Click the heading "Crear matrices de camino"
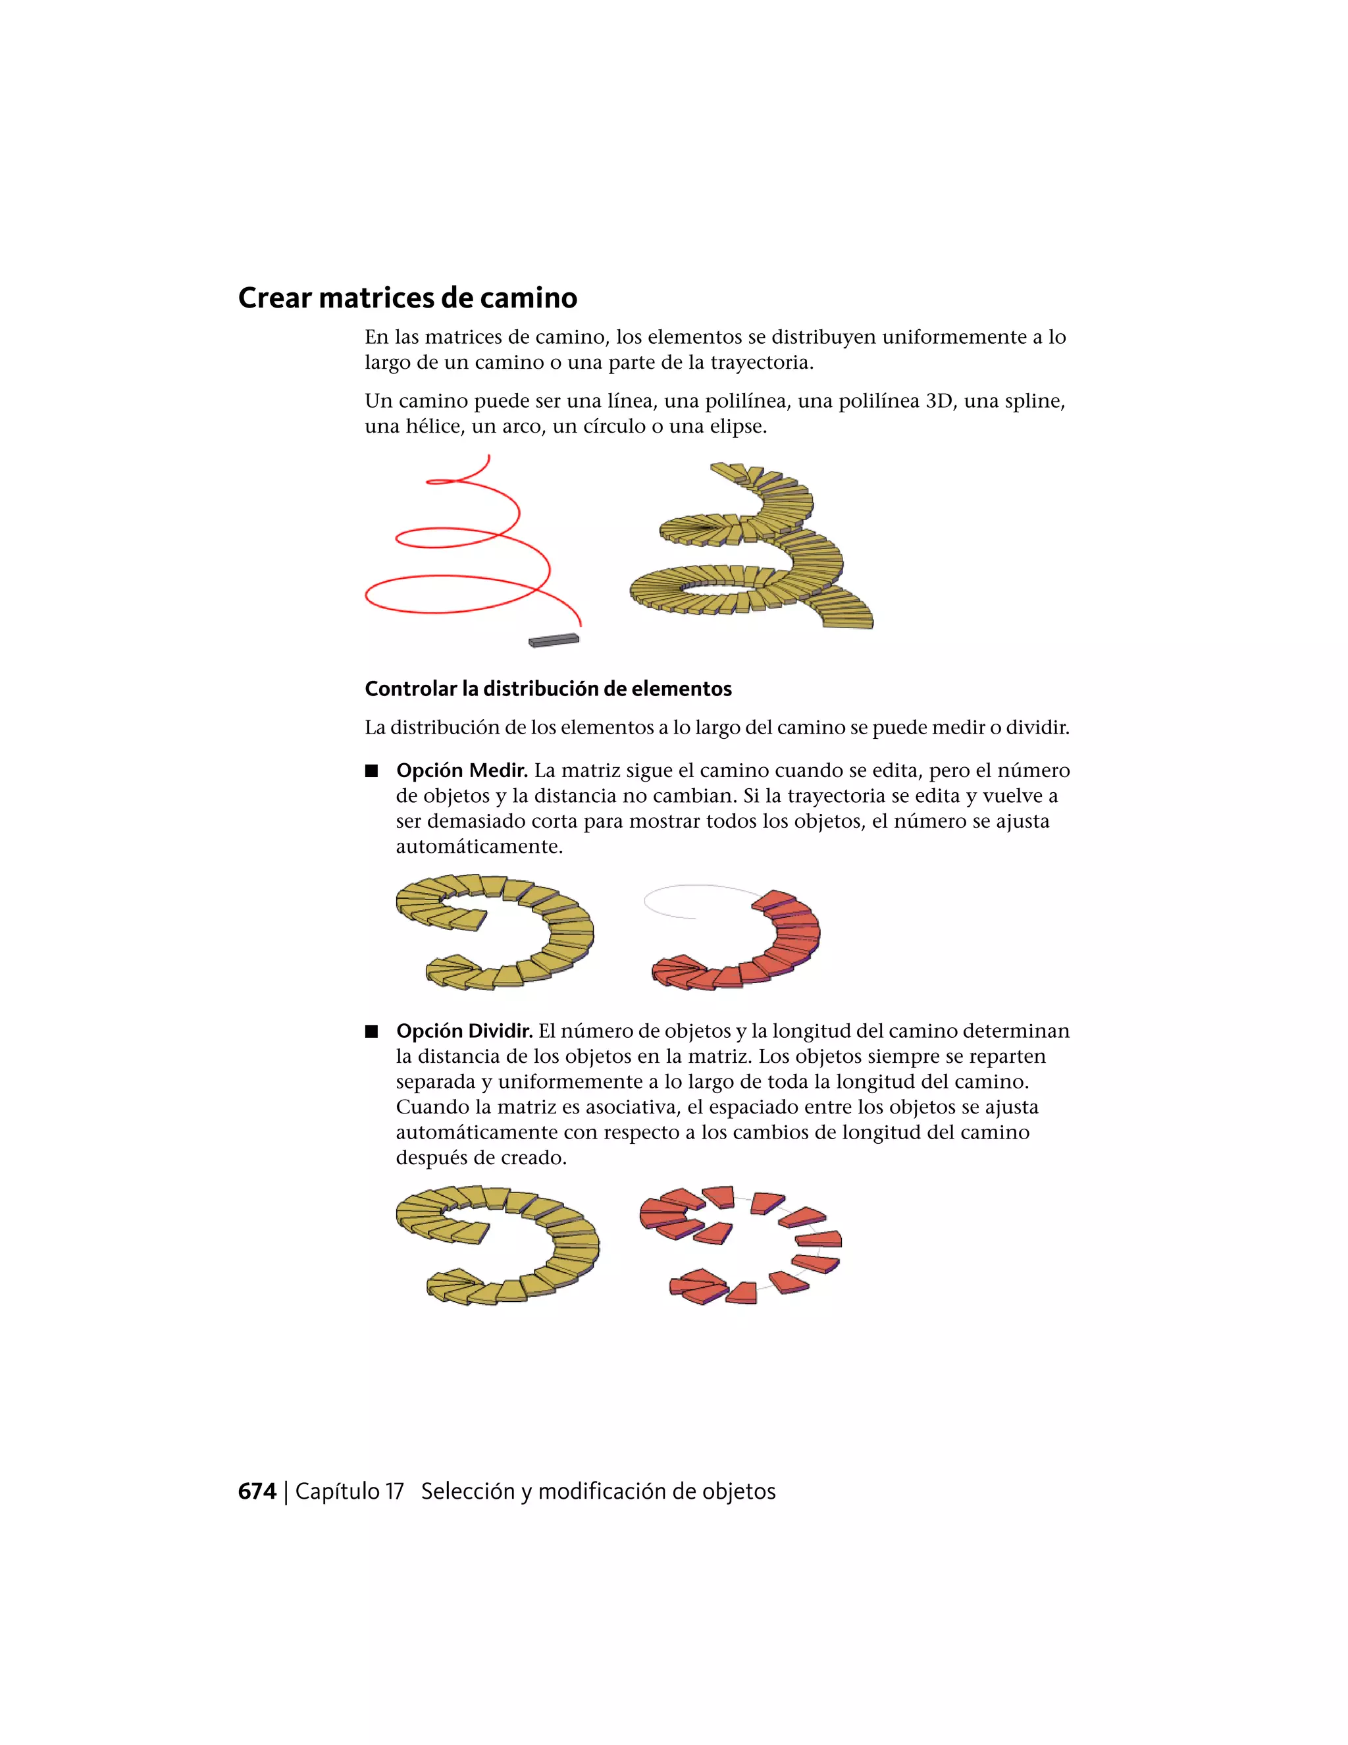point(407,298)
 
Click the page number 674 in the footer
point(257,1491)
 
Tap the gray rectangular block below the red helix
point(554,639)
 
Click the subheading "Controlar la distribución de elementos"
point(548,689)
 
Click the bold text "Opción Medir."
point(461,771)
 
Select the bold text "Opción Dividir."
point(464,1031)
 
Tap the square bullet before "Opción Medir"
point(371,771)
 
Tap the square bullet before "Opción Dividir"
point(371,1031)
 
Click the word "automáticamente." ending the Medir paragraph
point(479,847)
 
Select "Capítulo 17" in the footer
point(349,1491)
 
